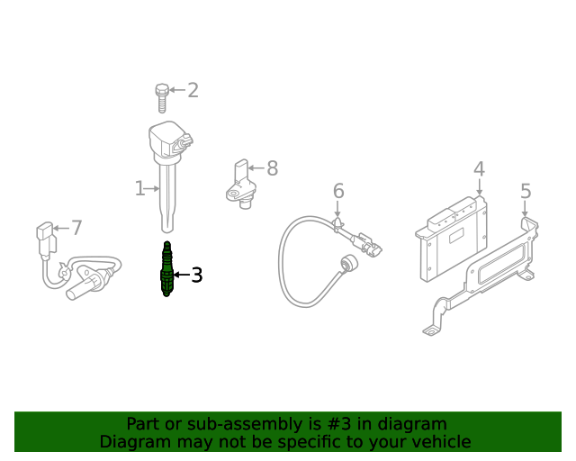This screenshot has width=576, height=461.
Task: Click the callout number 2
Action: point(193,90)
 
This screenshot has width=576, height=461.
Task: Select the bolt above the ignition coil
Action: point(162,98)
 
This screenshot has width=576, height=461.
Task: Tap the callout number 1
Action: point(139,188)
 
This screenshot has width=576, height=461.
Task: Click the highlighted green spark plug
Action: point(166,268)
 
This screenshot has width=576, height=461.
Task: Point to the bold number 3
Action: point(197,275)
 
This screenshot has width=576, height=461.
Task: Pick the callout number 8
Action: point(272,168)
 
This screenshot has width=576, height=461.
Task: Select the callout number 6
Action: point(338,191)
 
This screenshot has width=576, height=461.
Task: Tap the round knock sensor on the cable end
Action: point(348,264)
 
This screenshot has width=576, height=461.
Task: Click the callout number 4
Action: point(479,169)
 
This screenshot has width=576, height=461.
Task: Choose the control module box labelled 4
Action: point(453,239)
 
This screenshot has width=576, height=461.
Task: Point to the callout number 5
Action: point(526,191)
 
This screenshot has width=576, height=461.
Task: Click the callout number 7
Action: point(76,228)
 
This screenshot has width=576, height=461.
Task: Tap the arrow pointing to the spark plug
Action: point(182,275)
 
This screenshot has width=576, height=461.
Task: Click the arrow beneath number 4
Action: point(479,186)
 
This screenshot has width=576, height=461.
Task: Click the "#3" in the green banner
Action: point(338,424)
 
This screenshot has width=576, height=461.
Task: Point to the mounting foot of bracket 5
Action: point(432,330)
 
